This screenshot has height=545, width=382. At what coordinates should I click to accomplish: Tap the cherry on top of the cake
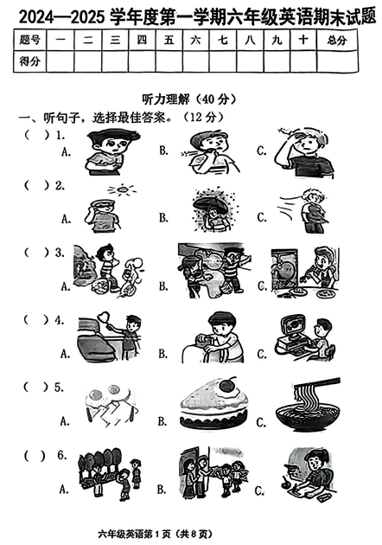(x=227, y=383)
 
